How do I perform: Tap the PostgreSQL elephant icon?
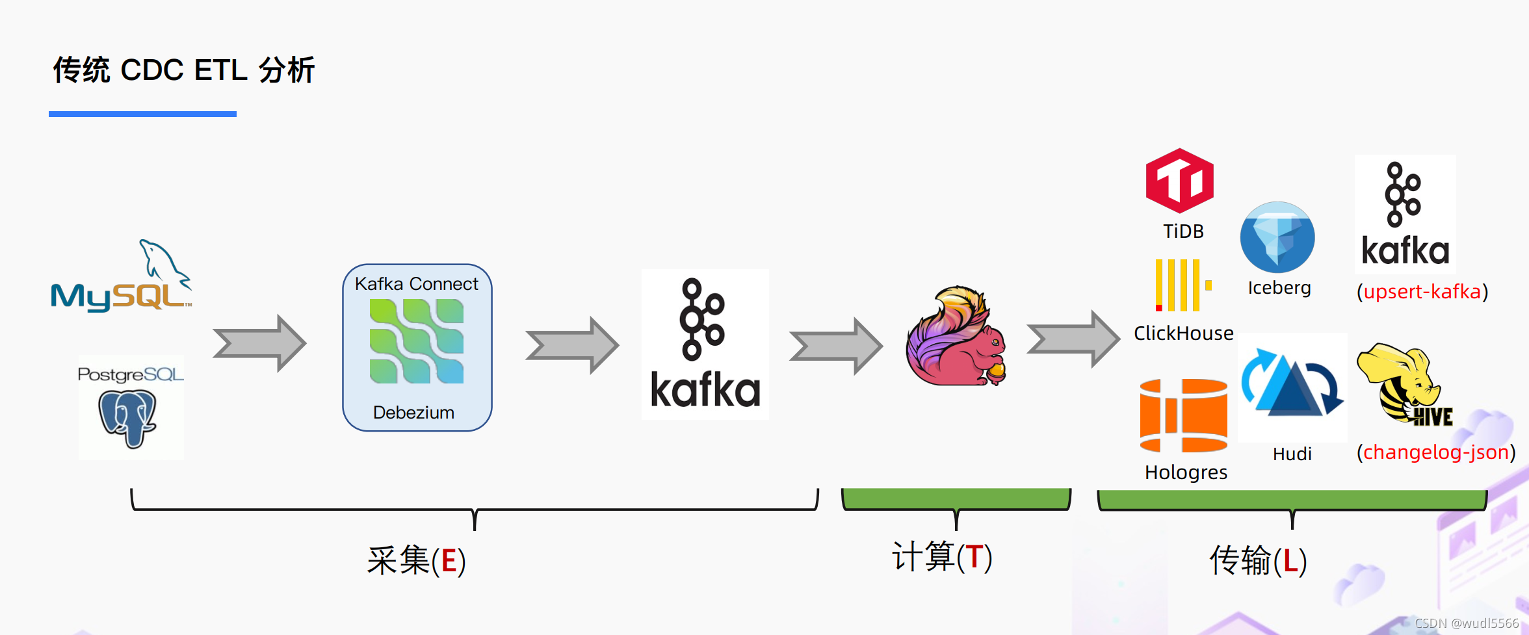(128, 418)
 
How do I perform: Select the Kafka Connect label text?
(416, 284)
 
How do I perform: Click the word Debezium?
(413, 413)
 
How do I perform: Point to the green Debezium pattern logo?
(417, 341)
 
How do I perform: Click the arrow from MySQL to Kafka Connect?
(259, 343)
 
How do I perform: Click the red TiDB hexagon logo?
(1180, 181)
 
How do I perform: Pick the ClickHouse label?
(1183, 333)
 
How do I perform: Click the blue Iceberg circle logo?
(1277, 237)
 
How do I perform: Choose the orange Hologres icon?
(1184, 415)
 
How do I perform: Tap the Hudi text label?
(1292, 454)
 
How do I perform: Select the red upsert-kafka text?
(1422, 292)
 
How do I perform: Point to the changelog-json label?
(1436, 452)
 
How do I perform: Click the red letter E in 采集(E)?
(449, 561)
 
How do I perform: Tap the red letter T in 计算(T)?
(974, 558)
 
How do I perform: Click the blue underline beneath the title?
(142, 114)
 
